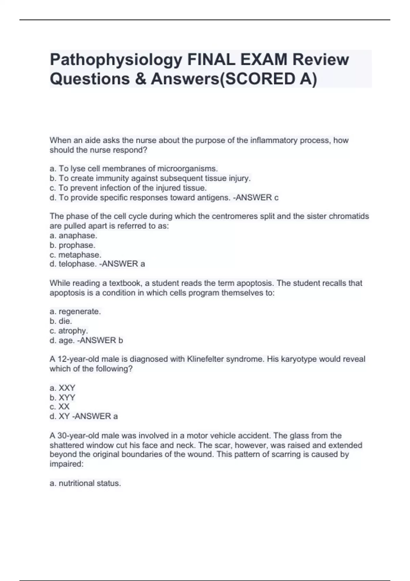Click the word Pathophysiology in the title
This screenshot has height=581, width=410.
(x=116, y=60)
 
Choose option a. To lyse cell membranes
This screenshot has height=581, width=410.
(x=134, y=168)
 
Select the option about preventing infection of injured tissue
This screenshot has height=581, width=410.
(x=128, y=188)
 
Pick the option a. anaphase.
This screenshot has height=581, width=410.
(x=73, y=235)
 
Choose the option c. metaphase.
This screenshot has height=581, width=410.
(x=76, y=255)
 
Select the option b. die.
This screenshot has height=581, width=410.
(x=61, y=321)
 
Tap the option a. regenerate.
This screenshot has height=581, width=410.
(x=75, y=311)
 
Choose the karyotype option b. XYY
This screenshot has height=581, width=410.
(x=63, y=397)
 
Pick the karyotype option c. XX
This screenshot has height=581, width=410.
(x=60, y=407)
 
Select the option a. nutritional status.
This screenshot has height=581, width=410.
(x=85, y=483)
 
